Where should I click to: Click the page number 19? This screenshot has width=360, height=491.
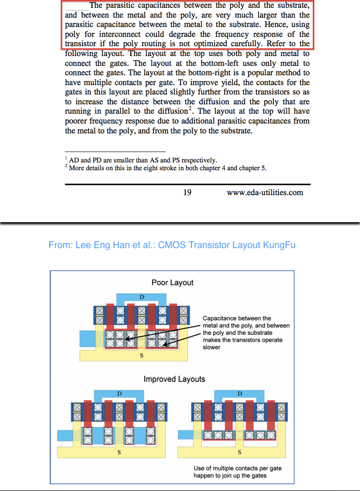187,193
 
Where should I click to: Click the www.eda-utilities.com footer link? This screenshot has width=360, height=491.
265,193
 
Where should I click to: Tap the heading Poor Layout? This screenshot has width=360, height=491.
172,283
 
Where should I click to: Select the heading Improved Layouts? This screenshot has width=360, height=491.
174,379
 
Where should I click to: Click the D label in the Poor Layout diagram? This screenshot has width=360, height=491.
142,296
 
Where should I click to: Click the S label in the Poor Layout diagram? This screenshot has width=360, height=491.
142,356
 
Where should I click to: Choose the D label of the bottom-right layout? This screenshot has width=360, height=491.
240,394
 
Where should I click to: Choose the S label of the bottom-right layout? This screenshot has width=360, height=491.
240,452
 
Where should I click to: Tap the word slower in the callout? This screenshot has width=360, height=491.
212,347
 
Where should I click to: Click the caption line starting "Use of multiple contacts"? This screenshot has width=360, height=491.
238,468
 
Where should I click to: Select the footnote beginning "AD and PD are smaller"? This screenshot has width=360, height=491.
143,160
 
